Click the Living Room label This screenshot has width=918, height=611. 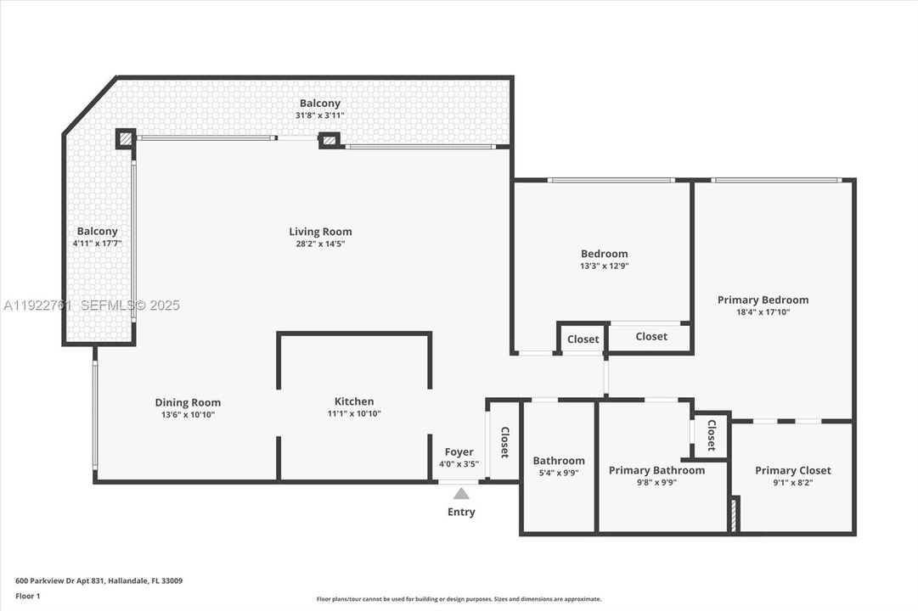pos(320,232)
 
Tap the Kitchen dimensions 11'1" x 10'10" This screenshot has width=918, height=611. pos(353,414)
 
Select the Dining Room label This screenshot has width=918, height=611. pos(188,403)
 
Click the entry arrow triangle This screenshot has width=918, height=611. pos(461,493)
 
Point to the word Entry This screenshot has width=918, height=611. pos(461,512)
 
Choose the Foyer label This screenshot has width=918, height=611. pos(459,452)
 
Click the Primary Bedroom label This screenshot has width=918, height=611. pos(763,300)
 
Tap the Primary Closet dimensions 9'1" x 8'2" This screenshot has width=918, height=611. pos(792,483)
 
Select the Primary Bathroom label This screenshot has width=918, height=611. pos(656,470)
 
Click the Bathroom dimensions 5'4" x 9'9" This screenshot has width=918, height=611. pos(559,474)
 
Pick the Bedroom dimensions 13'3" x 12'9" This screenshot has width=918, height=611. pos(604,266)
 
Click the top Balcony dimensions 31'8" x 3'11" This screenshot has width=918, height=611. pos(320,115)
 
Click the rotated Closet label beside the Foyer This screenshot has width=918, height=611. pos(504,442)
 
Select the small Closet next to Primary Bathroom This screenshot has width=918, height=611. pos(712,435)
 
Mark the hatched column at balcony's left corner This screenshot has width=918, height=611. pos(126,138)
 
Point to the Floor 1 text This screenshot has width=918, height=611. pos(28,596)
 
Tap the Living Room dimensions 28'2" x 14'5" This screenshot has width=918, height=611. pos(320,244)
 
